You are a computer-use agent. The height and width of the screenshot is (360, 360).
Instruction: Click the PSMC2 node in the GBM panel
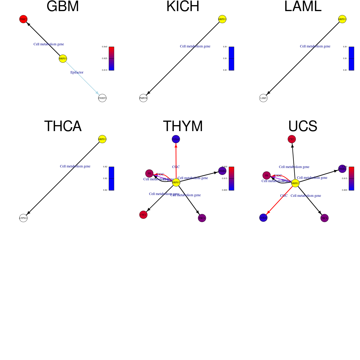(23, 19)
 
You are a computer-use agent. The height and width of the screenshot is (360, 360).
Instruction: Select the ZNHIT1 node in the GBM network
(102, 98)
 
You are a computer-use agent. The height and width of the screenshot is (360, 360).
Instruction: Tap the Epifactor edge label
(77, 72)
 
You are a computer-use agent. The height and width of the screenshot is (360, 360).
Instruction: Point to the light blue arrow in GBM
(82, 78)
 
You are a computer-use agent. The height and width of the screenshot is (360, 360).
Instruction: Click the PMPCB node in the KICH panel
(143, 98)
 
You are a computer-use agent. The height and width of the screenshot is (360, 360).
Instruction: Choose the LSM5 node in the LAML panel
(263, 98)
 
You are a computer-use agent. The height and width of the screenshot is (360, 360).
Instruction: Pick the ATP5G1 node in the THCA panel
(23, 218)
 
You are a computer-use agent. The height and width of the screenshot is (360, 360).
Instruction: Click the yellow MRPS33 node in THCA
(102, 139)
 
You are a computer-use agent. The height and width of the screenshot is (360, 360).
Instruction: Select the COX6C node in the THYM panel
(176, 139)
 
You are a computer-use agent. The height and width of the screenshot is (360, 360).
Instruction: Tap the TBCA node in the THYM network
(202, 218)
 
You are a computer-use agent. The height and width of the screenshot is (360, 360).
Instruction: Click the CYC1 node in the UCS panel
(292, 139)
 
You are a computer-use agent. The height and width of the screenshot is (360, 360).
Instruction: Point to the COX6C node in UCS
(263, 218)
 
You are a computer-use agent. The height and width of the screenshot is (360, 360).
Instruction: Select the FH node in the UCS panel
(266, 175)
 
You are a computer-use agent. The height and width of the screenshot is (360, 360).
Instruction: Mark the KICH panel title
(183, 7)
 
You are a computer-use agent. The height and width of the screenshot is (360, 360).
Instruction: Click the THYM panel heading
(183, 126)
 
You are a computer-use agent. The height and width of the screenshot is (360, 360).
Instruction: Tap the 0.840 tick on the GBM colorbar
(105, 47)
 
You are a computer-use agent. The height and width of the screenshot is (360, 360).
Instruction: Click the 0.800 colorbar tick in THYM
(225, 190)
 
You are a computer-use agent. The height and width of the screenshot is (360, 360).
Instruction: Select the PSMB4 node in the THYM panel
(222, 171)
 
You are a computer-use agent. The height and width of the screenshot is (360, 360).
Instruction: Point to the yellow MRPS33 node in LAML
(342, 19)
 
